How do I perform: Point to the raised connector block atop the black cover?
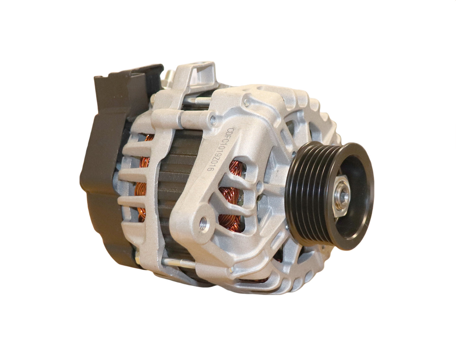pos(126,79)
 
